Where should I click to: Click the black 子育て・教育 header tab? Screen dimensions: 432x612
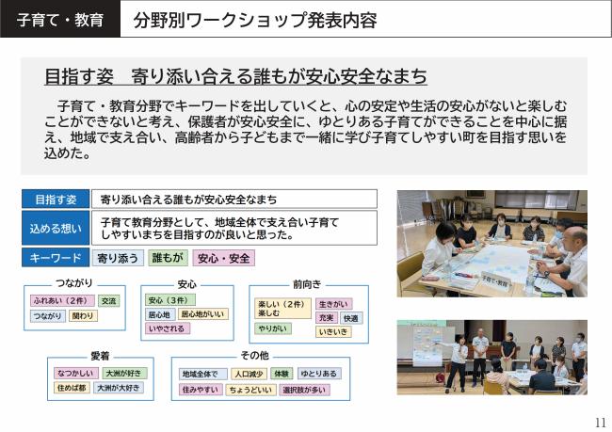click(60, 19)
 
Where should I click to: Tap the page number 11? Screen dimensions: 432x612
click(601, 422)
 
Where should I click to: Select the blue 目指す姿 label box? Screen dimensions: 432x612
click(56, 199)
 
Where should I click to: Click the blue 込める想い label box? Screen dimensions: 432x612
click(56, 228)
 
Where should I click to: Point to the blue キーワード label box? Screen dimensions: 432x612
click(56, 257)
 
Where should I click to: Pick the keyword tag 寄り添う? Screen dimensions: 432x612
click(119, 257)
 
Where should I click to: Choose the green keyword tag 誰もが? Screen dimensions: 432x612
click(168, 257)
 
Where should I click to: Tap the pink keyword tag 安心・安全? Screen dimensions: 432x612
click(223, 257)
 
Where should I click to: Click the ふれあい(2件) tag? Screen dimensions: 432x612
click(60, 301)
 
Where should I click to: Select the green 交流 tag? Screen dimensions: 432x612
click(109, 301)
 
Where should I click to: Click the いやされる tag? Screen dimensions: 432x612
click(167, 328)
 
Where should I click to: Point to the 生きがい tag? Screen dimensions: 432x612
click(333, 304)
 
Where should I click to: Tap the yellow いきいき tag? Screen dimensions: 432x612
click(333, 331)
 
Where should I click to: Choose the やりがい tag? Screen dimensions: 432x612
click(273, 328)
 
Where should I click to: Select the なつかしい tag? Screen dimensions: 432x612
click(72, 373)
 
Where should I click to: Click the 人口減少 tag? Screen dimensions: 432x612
click(249, 374)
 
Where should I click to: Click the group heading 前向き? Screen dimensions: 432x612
click(307, 283)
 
